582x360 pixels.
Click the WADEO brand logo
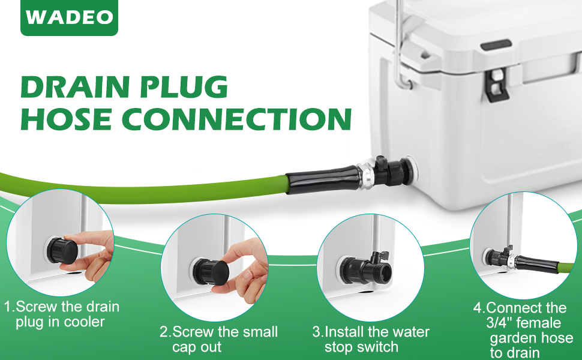(x=70, y=17)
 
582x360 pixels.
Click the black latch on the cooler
(x=496, y=83)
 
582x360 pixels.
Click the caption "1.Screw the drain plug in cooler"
(x=62, y=314)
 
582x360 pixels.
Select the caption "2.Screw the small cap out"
(x=218, y=339)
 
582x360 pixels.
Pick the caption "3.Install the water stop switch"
(x=371, y=339)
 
